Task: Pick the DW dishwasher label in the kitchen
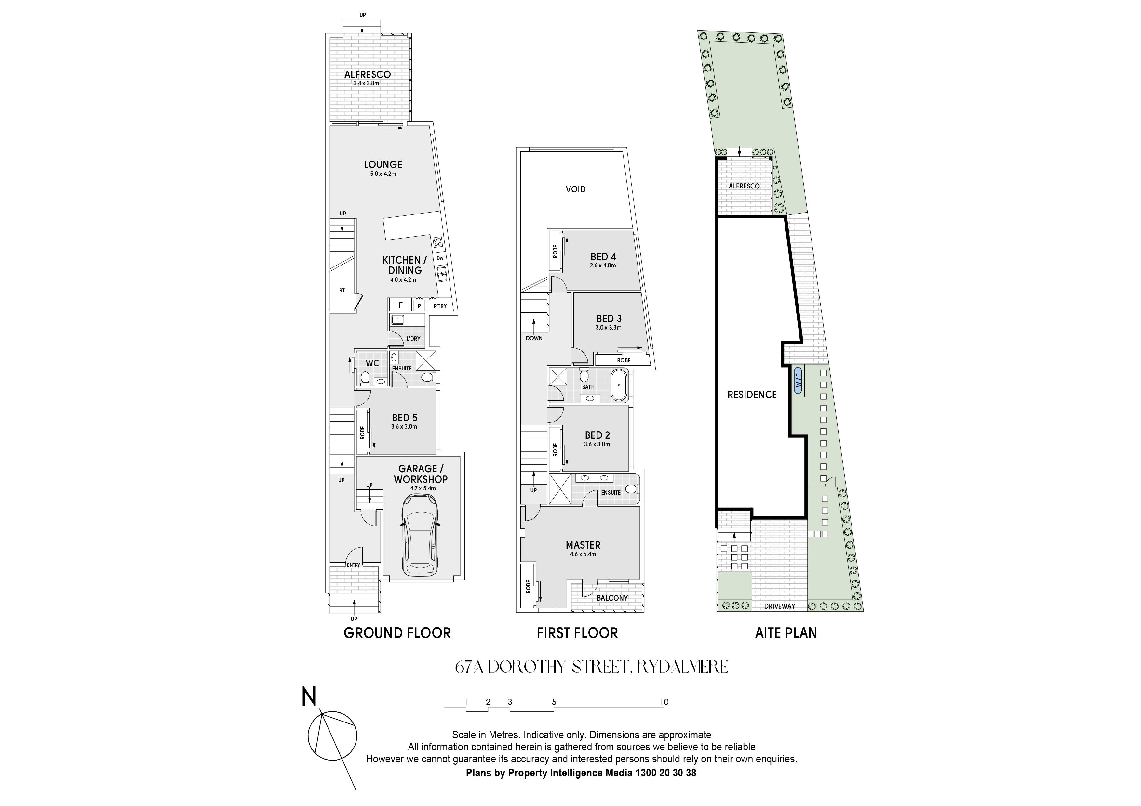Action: pos(440,258)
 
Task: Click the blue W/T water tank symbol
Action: pos(798,380)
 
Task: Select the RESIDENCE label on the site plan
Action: pos(752,395)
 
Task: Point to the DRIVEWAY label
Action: pos(779,606)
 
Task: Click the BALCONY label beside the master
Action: pos(612,598)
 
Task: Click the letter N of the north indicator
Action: pos(309,697)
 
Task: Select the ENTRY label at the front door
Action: pos(353,565)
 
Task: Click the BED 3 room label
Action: pos(609,319)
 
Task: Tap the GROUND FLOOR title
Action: pos(397,633)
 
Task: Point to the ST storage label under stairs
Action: pos(342,291)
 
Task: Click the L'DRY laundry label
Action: pos(413,339)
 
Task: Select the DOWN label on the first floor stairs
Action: pos(534,338)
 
